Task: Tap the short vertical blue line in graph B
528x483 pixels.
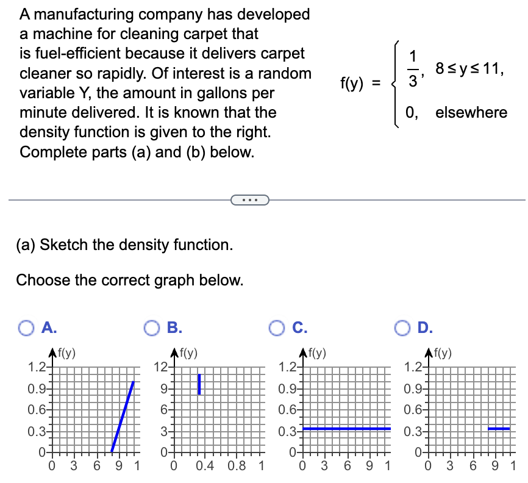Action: [x=199, y=384]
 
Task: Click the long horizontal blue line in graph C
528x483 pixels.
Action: [x=346, y=429]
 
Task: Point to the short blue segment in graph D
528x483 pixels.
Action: [x=498, y=429]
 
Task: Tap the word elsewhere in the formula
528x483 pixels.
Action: [x=471, y=112]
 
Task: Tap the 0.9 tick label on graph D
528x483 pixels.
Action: [x=413, y=388]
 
